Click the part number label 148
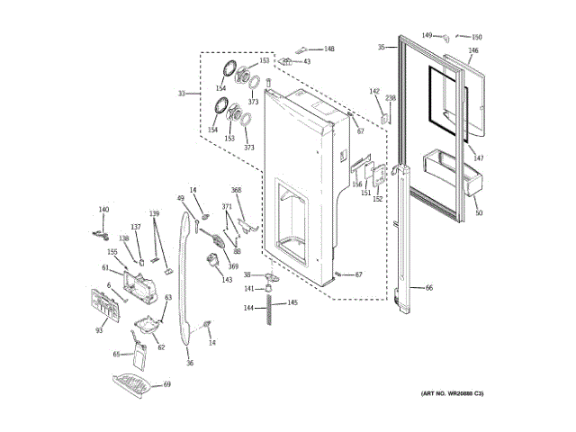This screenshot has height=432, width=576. click(329, 49)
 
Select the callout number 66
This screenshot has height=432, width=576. click(429, 288)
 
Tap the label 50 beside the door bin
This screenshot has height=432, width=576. click(479, 213)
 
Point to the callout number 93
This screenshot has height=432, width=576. click(99, 331)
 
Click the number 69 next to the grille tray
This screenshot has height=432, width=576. click(166, 384)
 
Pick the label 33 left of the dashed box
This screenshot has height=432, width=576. click(182, 94)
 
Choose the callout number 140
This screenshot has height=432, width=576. click(103, 210)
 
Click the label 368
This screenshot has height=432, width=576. click(237, 190)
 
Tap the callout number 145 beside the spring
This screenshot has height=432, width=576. click(292, 302)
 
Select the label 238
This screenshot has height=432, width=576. click(391, 97)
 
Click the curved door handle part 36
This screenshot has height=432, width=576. click(188, 279)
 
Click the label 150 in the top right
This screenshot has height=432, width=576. click(477, 37)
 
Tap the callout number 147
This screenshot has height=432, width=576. click(479, 158)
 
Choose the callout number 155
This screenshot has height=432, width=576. click(112, 253)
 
